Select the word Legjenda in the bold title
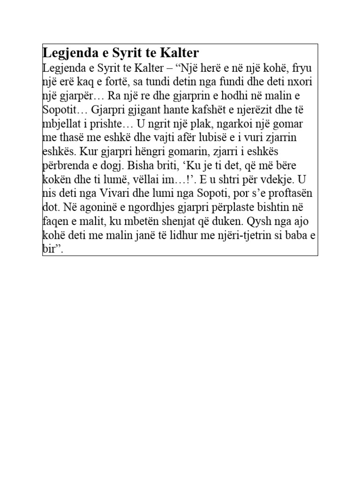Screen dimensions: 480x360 point(66,52)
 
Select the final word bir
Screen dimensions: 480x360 point(49,249)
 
